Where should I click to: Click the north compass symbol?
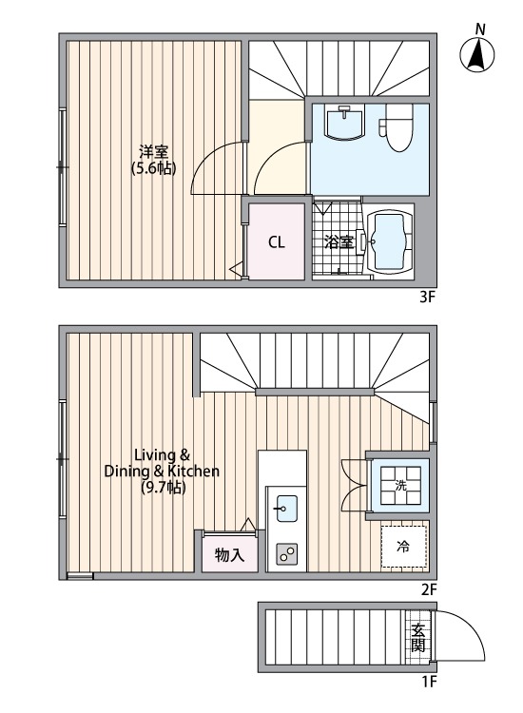(x=477, y=54)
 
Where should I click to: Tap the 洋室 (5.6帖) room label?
(x=154, y=160)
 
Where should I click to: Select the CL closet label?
(x=276, y=241)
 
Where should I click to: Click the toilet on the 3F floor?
(x=397, y=127)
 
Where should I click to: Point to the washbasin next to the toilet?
(x=345, y=122)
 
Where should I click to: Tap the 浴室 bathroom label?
(x=339, y=241)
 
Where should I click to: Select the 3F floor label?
(x=428, y=298)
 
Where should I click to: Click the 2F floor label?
(x=429, y=589)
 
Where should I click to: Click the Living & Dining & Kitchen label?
(x=162, y=472)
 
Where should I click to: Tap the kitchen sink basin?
(x=286, y=509)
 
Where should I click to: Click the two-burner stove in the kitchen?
(x=286, y=554)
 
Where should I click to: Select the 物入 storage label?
(x=230, y=555)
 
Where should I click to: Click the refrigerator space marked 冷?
(x=404, y=547)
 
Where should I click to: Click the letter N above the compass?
(x=480, y=30)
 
